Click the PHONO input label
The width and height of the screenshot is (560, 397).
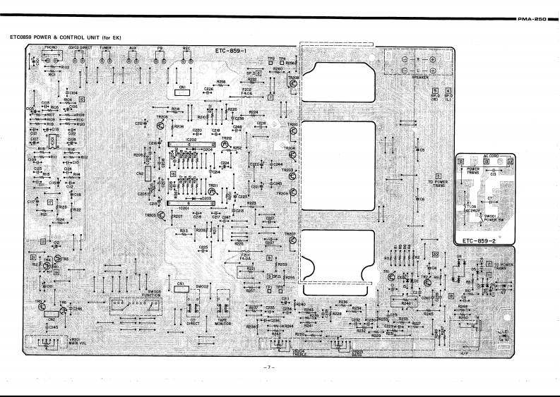click(x=50, y=47)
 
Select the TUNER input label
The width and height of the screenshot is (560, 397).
click(x=106, y=47)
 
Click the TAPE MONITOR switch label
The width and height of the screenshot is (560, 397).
click(x=225, y=322)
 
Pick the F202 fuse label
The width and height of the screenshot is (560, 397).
click(x=247, y=91)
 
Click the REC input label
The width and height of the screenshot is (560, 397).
click(x=186, y=47)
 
